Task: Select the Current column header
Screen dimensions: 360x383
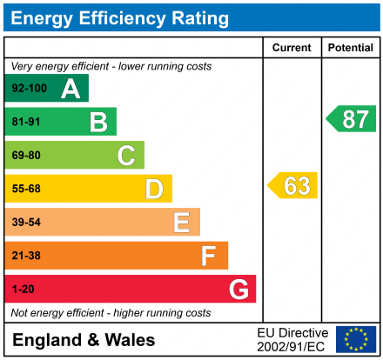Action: [292, 48]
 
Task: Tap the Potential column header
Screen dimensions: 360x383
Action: [350, 48]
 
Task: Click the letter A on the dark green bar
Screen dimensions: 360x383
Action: [71, 89]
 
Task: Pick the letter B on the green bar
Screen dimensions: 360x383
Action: [98, 122]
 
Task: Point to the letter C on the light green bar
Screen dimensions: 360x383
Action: [126, 156]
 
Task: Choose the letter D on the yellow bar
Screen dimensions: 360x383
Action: [154, 189]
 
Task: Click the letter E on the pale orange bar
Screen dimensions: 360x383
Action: [181, 223]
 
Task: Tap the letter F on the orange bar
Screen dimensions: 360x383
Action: [209, 256]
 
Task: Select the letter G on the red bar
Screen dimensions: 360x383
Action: [238, 290]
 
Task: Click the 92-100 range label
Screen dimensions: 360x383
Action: [30, 89]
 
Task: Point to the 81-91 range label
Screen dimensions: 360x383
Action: [26, 122]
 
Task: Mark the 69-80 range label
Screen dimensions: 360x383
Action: [26, 156]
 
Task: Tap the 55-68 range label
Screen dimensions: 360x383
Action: [26, 189]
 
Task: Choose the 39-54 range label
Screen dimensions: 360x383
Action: [26, 223]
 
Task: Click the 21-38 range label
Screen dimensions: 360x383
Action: [26, 256]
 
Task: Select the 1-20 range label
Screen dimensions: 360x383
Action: [23, 290]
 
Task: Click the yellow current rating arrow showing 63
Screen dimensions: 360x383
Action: [293, 185]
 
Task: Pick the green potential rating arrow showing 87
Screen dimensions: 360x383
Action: [352, 118]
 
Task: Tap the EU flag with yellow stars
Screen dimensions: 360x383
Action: [356, 339]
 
